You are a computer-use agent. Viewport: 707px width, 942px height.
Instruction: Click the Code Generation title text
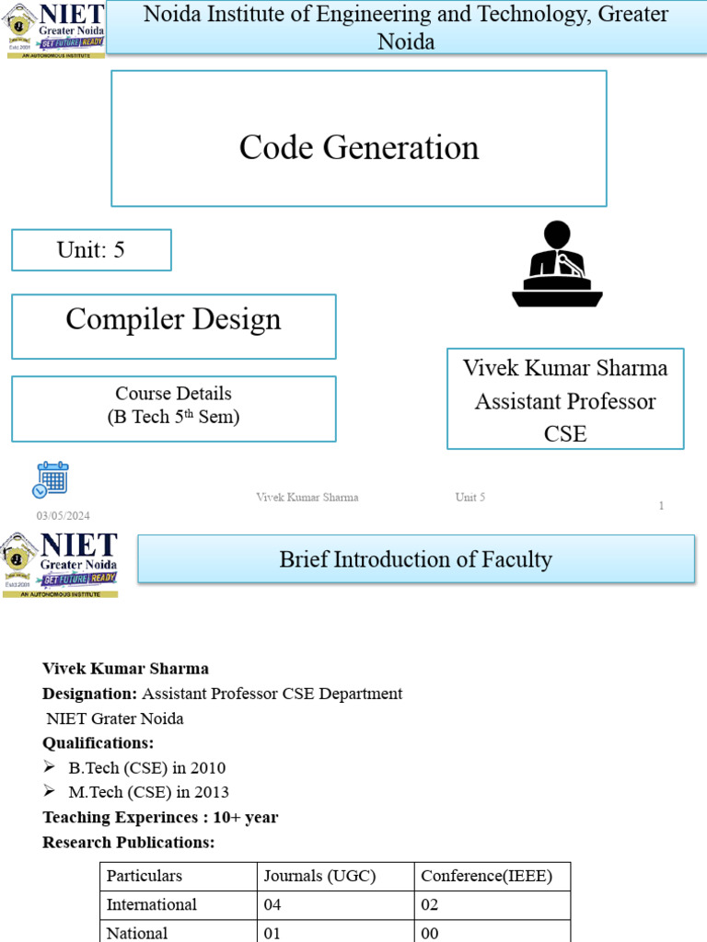359,147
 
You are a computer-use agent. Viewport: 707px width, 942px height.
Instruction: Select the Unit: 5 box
91,250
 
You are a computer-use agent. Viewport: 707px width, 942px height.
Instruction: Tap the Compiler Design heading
173,320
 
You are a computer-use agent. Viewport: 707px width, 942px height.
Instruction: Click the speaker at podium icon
557,264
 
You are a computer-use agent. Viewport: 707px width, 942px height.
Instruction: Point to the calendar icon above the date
52,479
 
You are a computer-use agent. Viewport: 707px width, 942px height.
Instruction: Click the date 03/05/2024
64,516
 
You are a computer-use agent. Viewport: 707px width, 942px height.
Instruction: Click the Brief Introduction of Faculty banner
416,559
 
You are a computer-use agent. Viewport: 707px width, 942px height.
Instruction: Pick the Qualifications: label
99,742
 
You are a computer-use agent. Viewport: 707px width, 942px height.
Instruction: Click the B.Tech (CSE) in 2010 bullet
146,767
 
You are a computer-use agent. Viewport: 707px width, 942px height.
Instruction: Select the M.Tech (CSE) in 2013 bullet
148,792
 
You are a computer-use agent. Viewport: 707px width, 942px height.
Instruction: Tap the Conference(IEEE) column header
486,876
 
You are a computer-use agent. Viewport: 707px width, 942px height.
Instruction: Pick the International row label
152,904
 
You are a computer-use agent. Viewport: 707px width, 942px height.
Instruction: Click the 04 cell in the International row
272,904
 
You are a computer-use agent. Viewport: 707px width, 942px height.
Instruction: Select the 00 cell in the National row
430,933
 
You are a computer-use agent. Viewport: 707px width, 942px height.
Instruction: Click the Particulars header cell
145,876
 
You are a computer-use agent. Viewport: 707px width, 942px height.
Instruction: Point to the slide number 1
661,506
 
